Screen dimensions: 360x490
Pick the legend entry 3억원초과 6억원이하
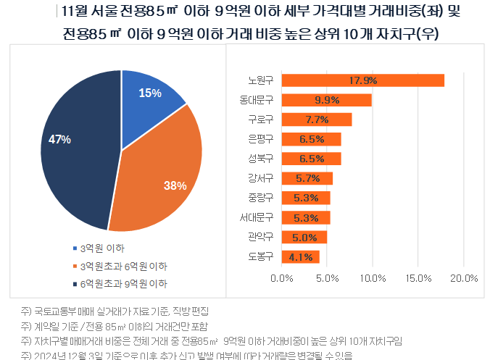pyautogui.click(x=123, y=266)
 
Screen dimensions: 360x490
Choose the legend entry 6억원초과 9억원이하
pyautogui.click(x=123, y=283)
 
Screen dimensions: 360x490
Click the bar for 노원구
pyautogui.click(x=362, y=80)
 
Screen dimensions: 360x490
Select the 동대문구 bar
pyautogui.click(x=326, y=100)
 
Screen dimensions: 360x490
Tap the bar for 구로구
pyautogui.click(x=316, y=120)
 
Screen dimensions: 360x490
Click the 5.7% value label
pyautogui.click(x=308, y=178)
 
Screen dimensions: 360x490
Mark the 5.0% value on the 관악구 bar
pyautogui.click(x=305, y=237)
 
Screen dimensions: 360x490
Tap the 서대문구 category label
pyautogui.click(x=256, y=217)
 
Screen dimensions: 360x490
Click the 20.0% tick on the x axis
pyautogui.click(x=464, y=278)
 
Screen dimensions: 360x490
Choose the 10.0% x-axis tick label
pyautogui.click(x=373, y=278)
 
